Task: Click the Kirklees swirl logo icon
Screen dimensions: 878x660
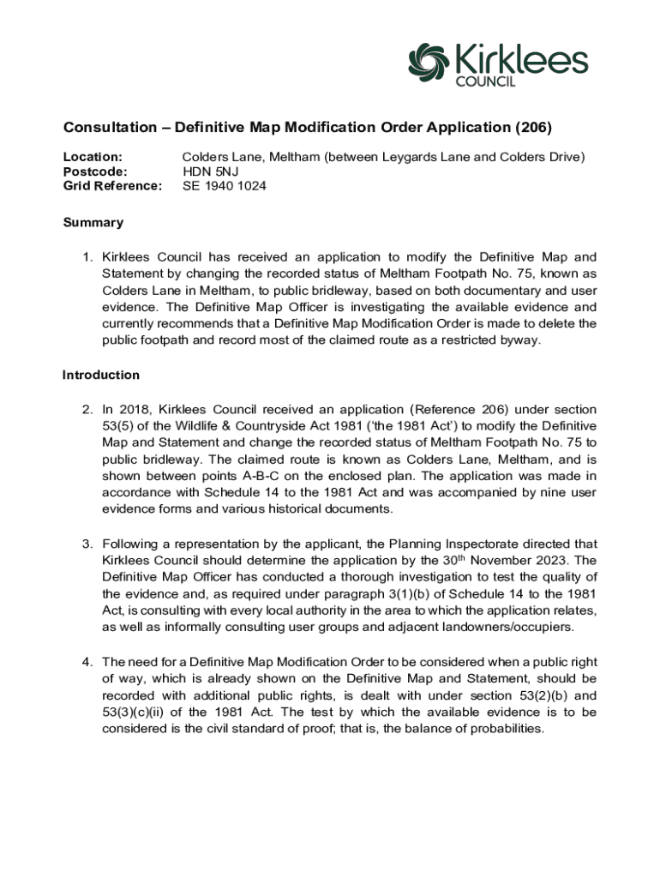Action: [429, 61]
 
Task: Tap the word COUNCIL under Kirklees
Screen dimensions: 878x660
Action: [483, 81]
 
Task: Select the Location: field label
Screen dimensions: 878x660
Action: [93, 157]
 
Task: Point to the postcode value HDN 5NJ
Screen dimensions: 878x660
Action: [210, 171]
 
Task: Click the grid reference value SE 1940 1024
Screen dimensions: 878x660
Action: [224, 186]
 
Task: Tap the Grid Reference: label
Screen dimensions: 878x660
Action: [112, 186]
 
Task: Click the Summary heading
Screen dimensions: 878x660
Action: [93, 223]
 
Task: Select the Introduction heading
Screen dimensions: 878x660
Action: [100, 375]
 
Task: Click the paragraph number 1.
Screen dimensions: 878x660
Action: [87, 257]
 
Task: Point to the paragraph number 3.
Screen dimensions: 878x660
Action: [87, 544]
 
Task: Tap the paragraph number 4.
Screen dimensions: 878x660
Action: [87, 662]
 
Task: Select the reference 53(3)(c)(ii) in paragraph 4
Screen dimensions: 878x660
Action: [140, 712]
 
